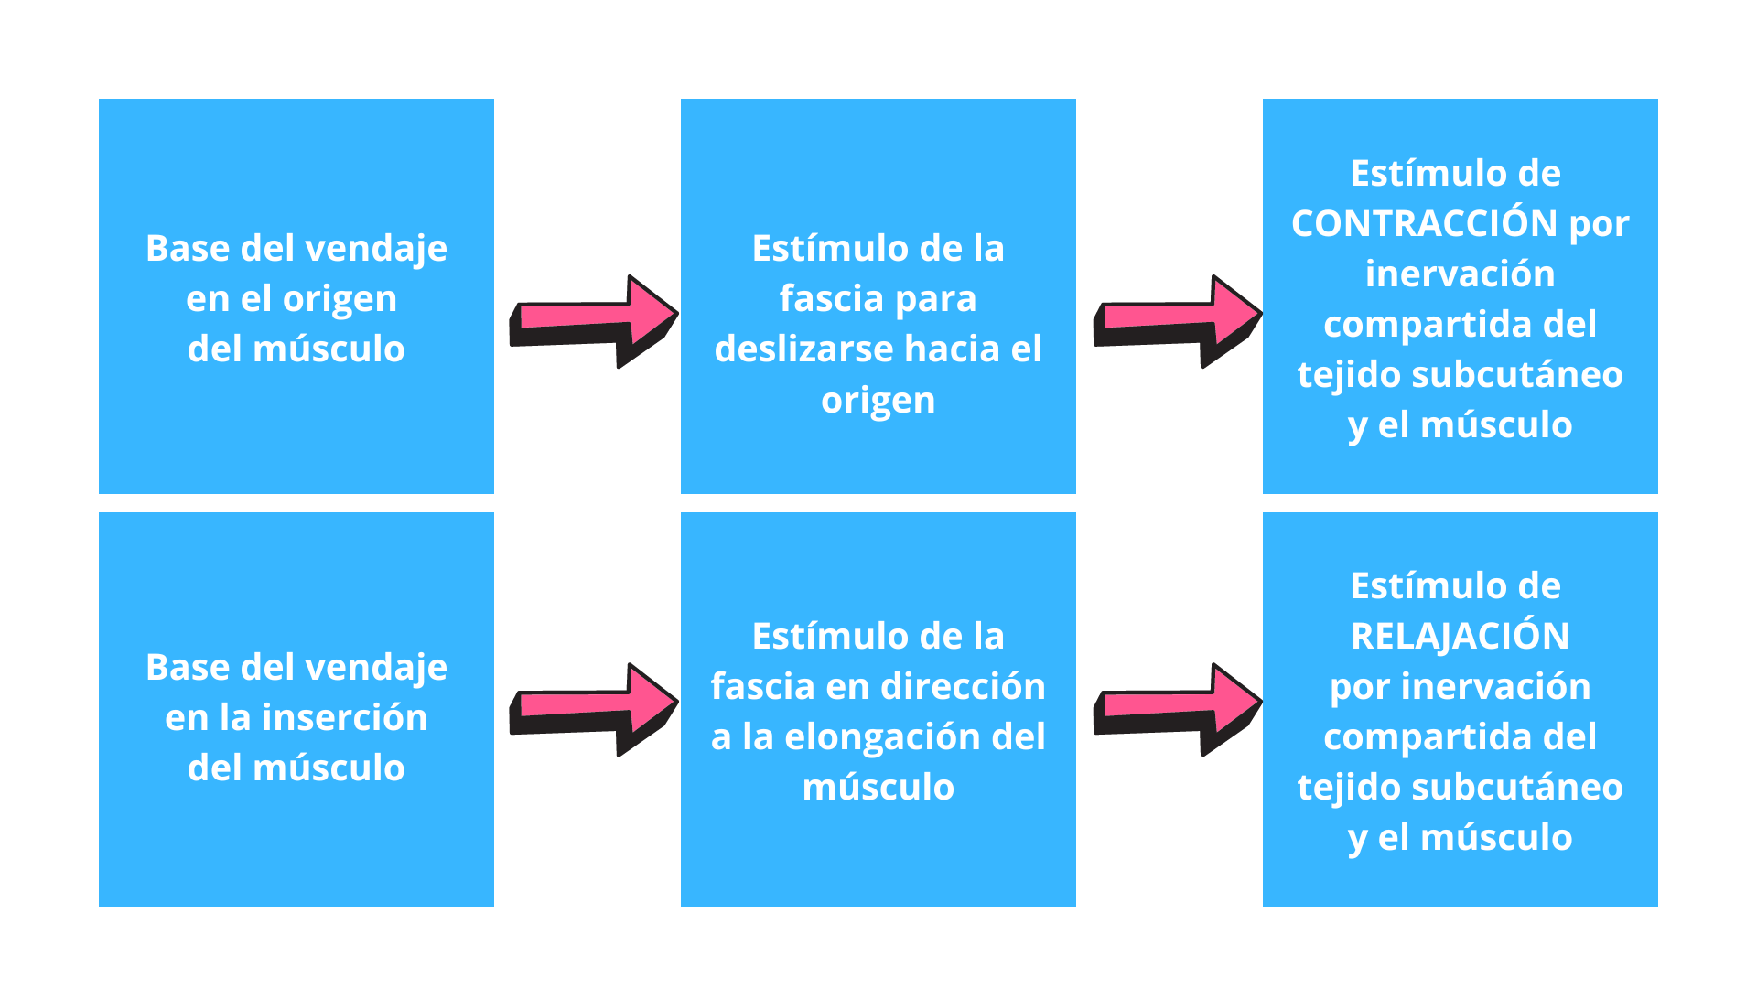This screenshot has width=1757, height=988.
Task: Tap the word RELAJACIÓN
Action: [x=1461, y=636]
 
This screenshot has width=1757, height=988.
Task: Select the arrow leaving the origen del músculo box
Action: [x=594, y=321]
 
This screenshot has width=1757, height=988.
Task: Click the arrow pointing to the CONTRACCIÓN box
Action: [x=1179, y=321]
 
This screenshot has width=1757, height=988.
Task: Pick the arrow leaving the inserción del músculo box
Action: [x=594, y=710]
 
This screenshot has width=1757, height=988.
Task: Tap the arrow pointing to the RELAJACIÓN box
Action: [x=1179, y=710]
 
